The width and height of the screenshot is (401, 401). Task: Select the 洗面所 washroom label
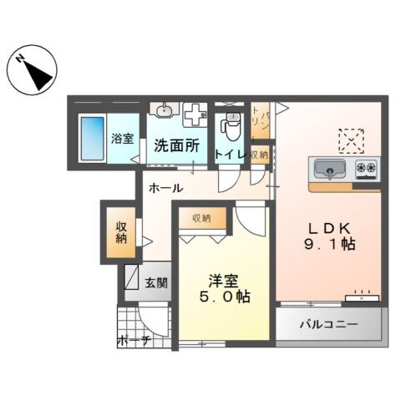coord(176,145)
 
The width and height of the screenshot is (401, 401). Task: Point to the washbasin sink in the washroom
coord(164,110)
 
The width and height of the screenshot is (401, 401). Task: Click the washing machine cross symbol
coord(195,114)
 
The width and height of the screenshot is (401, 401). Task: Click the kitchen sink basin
coord(330,170)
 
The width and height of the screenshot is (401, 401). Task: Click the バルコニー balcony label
coord(330,325)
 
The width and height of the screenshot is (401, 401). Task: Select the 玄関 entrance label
coord(155,282)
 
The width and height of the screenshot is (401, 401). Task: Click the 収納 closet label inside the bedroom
coord(201,218)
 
